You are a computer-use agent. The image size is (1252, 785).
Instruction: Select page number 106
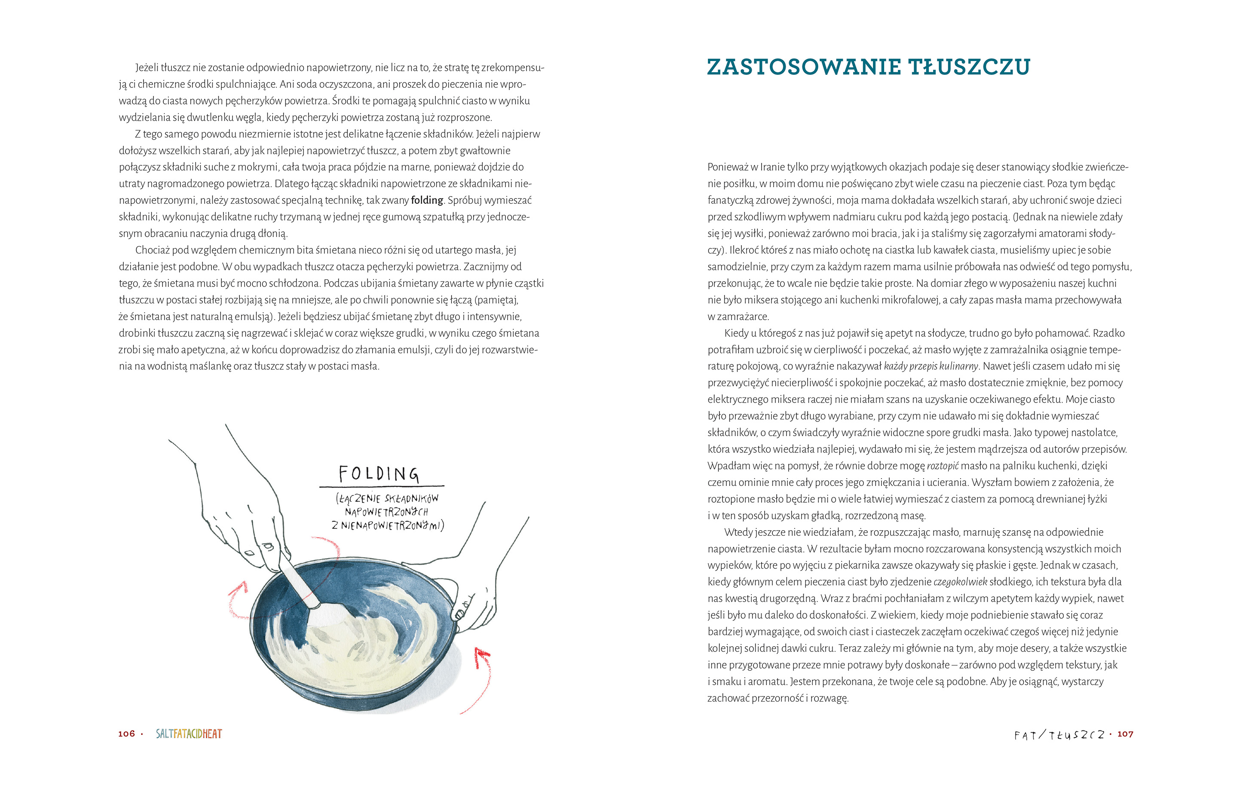pos(126,733)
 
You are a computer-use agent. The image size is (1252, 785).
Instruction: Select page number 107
pos(1125,733)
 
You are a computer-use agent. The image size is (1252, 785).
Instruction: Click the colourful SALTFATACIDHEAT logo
pos(189,733)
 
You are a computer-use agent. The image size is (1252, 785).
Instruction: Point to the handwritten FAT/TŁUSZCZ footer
pos(1059,735)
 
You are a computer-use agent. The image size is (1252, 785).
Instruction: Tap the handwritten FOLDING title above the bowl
pos(379,473)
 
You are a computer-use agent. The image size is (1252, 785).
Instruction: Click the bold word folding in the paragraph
pos(427,200)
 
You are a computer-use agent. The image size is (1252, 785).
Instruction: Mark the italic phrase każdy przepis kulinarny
pos(931,367)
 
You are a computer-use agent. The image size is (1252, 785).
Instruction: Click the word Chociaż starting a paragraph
pos(152,250)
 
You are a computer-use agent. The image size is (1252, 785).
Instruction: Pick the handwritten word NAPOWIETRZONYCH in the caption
pos(386,512)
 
